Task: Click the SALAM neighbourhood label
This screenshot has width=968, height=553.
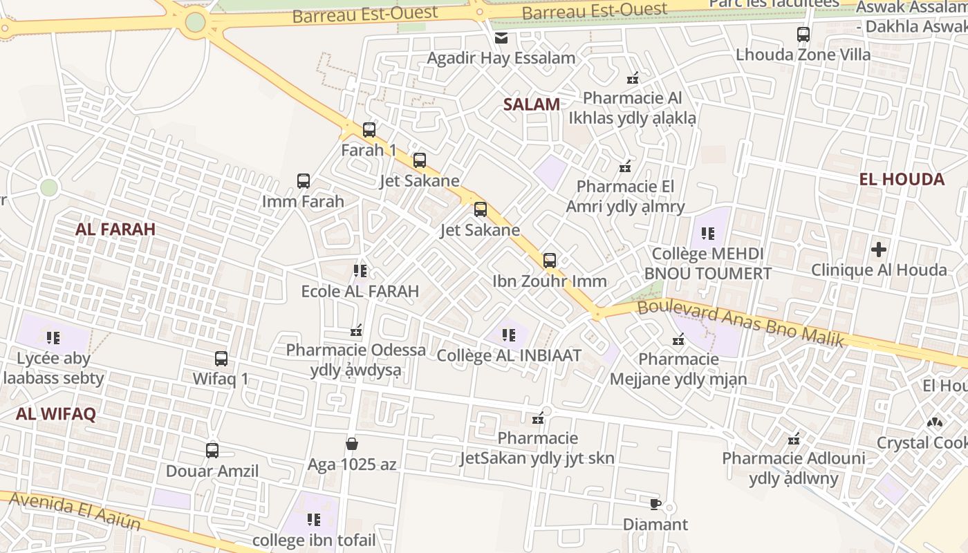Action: (531, 104)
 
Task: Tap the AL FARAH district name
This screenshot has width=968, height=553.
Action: (115, 229)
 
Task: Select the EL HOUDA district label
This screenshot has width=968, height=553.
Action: (902, 180)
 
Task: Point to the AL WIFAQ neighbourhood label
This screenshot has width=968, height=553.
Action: (55, 414)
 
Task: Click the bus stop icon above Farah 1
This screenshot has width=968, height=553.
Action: (369, 129)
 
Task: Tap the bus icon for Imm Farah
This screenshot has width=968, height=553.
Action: (304, 181)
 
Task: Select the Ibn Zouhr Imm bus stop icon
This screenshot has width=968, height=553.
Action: (550, 261)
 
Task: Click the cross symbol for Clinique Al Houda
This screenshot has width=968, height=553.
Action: (879, 249)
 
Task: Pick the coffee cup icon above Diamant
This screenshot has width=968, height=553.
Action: (655, 503)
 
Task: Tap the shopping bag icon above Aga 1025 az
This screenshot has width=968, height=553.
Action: (352, 443)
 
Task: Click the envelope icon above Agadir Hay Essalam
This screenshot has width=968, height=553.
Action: (501, 38)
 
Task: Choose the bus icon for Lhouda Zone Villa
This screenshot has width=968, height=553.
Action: (803, 34)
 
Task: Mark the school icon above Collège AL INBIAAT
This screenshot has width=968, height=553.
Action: (509, 335)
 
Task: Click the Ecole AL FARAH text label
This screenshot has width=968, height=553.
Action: (360, 292)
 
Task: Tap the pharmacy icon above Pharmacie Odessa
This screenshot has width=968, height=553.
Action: (357, 330)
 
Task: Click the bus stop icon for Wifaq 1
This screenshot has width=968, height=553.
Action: (221, 359)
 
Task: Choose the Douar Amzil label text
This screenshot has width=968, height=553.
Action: (212, 471)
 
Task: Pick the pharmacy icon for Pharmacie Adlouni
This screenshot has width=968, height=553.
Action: (794, 438)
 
